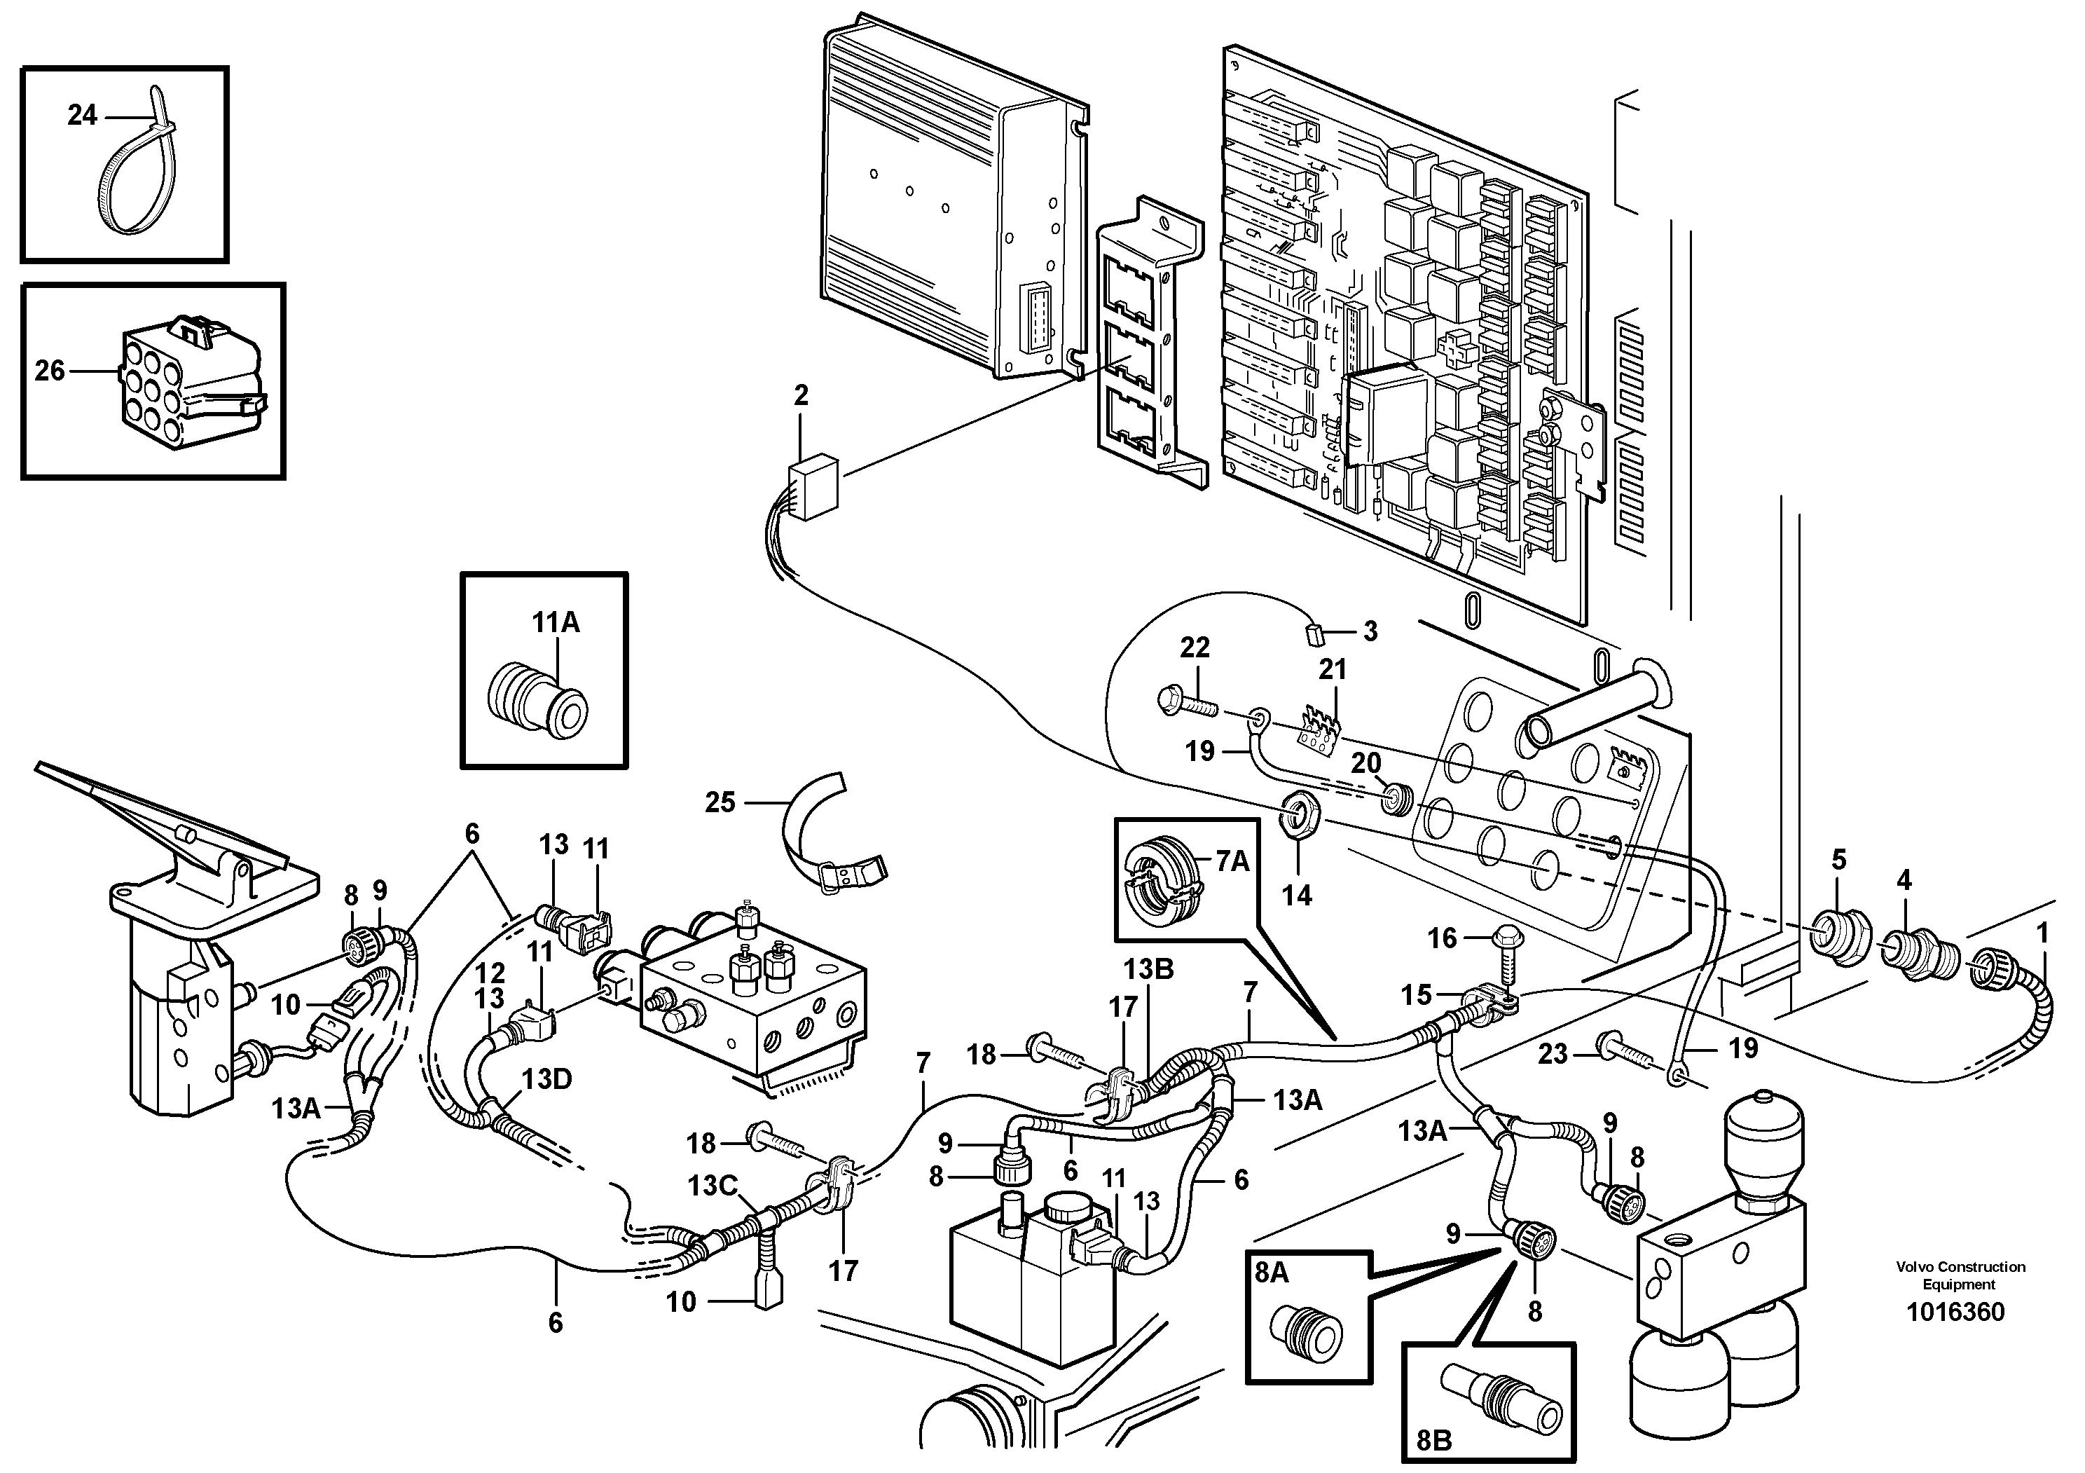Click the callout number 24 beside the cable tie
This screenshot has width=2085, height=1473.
(x=82, y=116)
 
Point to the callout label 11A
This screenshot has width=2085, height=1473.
(x=556, y=622)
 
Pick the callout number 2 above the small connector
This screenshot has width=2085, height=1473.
(x=800, y=395)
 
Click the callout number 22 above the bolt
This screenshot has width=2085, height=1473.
(x=1195, y=648)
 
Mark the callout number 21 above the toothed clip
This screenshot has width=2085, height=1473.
(x=1332, y=669)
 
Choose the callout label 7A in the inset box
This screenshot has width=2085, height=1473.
(x=1232, y=861)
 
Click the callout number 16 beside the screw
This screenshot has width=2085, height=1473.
(x=1442, y=938)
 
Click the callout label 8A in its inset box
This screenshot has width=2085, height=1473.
(x=1272, y=1273)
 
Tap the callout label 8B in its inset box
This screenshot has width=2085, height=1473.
(x=1434, y=1440)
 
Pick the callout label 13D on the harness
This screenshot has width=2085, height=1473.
(x=546, y=1079)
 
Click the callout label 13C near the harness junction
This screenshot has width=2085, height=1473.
(x=712, y=1186)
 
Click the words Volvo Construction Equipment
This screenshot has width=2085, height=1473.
(x=1960, y=1275)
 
